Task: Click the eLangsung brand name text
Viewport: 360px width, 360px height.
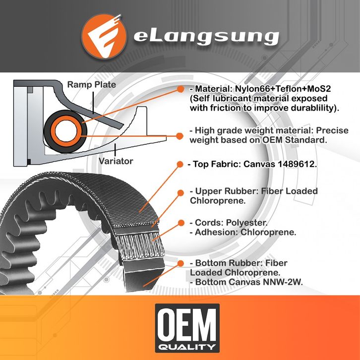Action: pyautogui.click(x=205, y=37)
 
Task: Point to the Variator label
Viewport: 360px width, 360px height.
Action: pyautogui.click(x=116, y=161)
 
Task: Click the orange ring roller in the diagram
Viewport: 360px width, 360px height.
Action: pyautogui.click(x=65, y=131)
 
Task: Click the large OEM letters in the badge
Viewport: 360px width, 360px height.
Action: pyautogui.click(x=187, y=323)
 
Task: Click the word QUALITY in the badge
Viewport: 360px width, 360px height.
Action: pyautogui.click(x=187, y=346)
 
